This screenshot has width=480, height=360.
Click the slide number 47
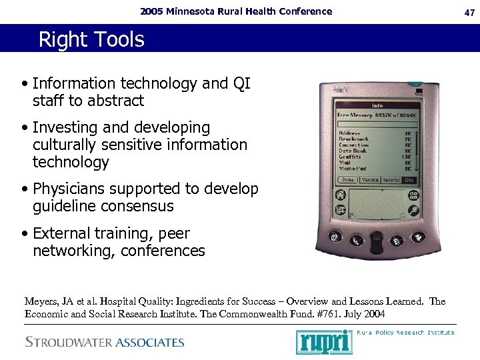pyautogui.click(x=468, y=11)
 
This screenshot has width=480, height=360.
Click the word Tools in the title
pyautogui.click(x=120, y=40)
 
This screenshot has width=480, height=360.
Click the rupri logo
pyautogui.click(x=324, y=341)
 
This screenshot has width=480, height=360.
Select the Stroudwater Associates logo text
pyautogui.click(x=104, y=343)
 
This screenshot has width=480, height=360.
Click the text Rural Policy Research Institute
pyautogui.click(x=405, y=332)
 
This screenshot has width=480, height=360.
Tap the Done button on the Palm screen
pyautogui.click(x=347, y=179)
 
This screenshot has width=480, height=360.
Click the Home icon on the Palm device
pyautogui.click(x=340, y=195)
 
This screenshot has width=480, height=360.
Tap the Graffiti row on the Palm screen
pyautogui.click(x=349, y=157)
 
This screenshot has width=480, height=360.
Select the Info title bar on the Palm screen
pyautogui.click(x=377, y=105)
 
